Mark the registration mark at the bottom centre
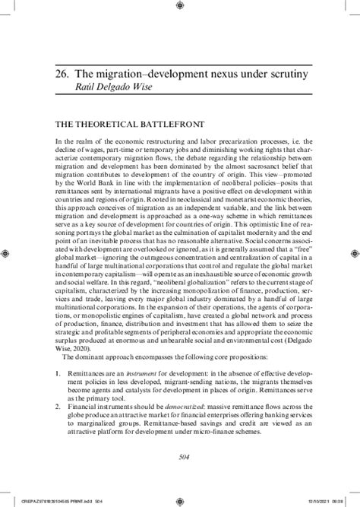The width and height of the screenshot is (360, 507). click(x=179, y=500)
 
